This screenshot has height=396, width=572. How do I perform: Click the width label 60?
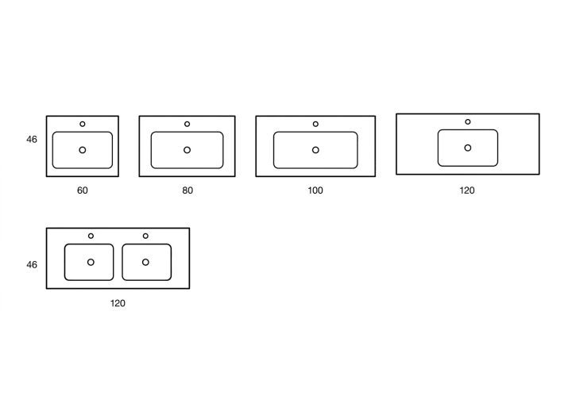[x=83, y=190]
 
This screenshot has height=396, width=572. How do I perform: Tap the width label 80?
[x=187, y=190]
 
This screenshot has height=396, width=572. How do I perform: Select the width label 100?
[x=315, y=190]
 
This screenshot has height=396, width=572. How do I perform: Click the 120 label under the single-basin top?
[x=467, y=190]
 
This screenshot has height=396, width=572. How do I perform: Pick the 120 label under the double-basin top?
[x=118, y=303]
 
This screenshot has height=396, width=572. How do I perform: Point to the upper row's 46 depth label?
[x=32, y=140]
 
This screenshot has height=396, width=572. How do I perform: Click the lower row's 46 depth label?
[x=32, y=265]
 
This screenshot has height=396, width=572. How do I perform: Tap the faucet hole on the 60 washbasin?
[x=83, y=124]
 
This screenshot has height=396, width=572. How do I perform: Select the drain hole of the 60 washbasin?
[x=83, y=150]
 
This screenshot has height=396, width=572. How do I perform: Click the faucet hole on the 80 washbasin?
[x=187, y=124]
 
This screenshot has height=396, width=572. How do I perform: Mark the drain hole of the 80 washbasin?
[x=187, y=150]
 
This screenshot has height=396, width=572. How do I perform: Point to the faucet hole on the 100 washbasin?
[x=315, y=124]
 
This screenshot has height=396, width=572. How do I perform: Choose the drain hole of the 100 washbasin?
[x=315, y=150]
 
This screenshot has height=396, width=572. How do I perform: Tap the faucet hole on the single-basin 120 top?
[x=468, y=121]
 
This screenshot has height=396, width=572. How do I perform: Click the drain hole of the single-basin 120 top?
[x=468, y=148]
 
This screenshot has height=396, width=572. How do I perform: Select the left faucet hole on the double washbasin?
[x=91, y=236]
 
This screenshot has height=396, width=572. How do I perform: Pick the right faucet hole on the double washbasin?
[x=145, y=236]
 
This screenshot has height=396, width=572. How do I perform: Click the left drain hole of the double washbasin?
[x=91, y=262]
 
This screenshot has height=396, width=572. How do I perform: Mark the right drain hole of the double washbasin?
[x=145, y=262]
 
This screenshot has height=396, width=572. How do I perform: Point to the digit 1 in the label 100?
[x=310, y=190]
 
